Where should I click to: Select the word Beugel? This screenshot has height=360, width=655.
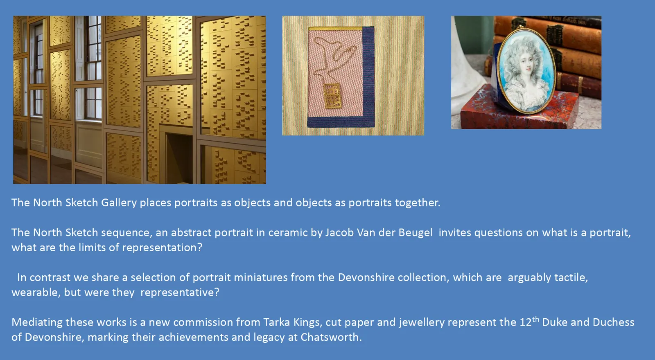[416, 233]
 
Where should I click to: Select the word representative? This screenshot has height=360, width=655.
[180, 292]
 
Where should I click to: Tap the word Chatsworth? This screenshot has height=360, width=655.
[331, 337]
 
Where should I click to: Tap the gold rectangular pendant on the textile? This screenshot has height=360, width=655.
[332, 96]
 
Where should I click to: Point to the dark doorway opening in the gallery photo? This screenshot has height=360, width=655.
[179, 158]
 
